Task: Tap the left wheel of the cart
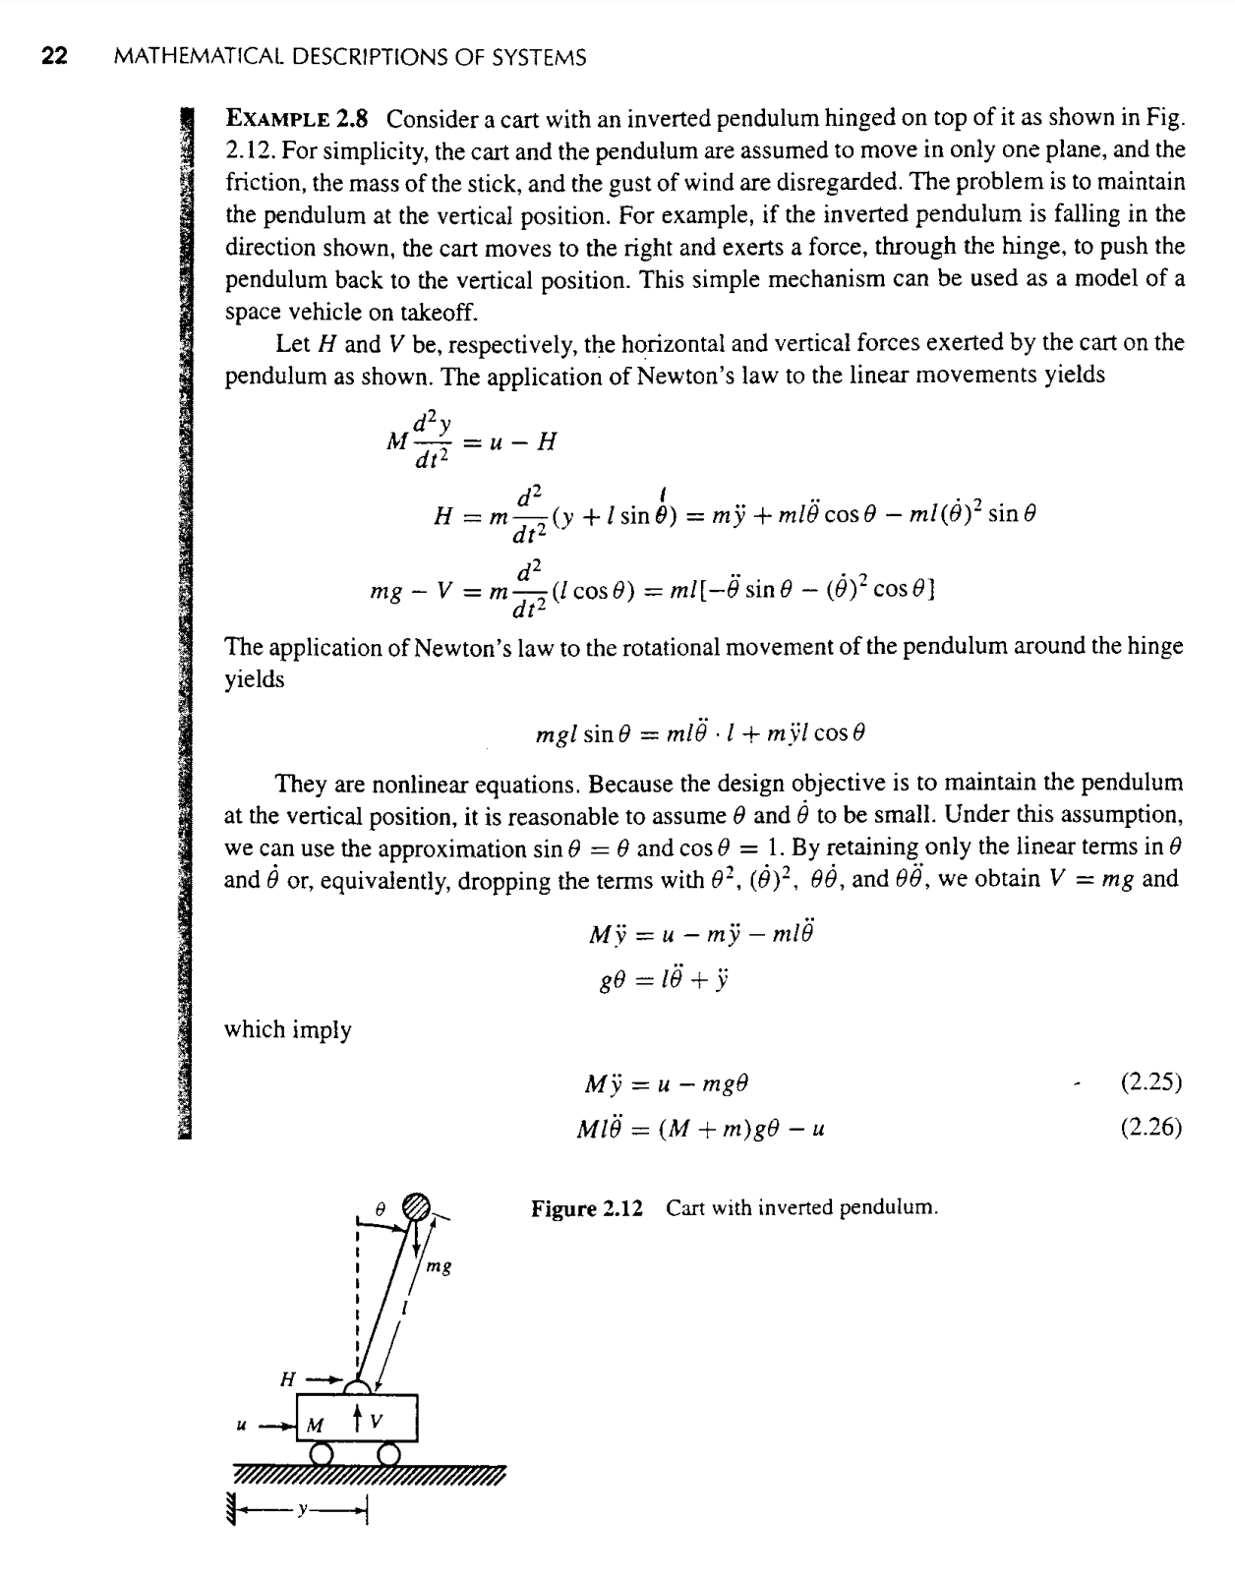tap(321, 1453)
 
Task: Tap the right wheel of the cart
tap(389, 1453)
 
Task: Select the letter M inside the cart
tap(315, 1425)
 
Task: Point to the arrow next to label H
tap(326, 1379)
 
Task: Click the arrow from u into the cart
tap(276, 1424)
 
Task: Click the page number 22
tap(54, 57)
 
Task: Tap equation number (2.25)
tap(1150, 1082)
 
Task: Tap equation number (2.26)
tap(1150, 1128)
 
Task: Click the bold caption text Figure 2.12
tap(587, 1207)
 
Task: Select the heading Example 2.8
tap(297, 120)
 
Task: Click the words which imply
tap(288, 1029)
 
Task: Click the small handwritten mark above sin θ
tap(666, 489)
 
